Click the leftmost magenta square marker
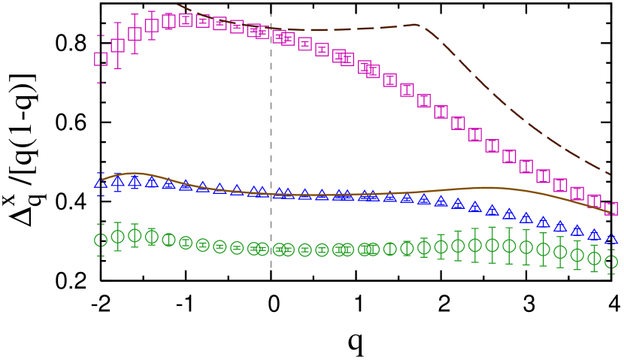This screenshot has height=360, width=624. pyautogui.click(x=101, y=59)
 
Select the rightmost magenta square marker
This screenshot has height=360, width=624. pyautogui.click(x=611, y=208)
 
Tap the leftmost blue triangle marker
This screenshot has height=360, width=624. pyautogui.click(x=101, y=183)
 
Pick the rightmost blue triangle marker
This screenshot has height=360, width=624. pyautogui.click(x=611, y=239)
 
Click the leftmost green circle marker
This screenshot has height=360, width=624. pyautogui.click(x=101, y=240)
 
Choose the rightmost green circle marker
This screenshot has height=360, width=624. pyautogui.click(x=611, y=262)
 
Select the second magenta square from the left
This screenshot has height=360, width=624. pyautogui.click(x=117, y=45)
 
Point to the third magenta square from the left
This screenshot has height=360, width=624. pyautogui.click(x=135, y=34)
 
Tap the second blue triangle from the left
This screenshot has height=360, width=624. pyautogui.click(x=117, y=181)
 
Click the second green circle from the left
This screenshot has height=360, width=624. pyautogui.click(x=117, y=237)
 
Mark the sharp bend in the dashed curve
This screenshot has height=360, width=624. pyautogui.click(x=418, y=25)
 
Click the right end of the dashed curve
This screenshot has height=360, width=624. pyautogui.click(x=610, y=174)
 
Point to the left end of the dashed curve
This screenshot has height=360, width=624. pyautogui.click(x=177, y=5)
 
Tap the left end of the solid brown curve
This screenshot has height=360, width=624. pyautogui.click(x=102, y=180)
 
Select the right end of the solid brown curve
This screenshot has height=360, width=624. pyautogui.click(x=610, y=213)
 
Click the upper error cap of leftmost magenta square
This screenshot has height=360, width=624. pyautogui.click(x=101, y=35)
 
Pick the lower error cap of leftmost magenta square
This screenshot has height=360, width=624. pyautogui.click(x=101, y=83)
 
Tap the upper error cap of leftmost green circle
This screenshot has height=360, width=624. pyautogui.click(x=101, y=224)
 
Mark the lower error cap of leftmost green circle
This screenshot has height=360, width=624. pyautogui.click(x=101, y=256)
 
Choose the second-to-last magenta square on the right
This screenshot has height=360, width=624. pyautogui.click(x=594, y=201)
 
